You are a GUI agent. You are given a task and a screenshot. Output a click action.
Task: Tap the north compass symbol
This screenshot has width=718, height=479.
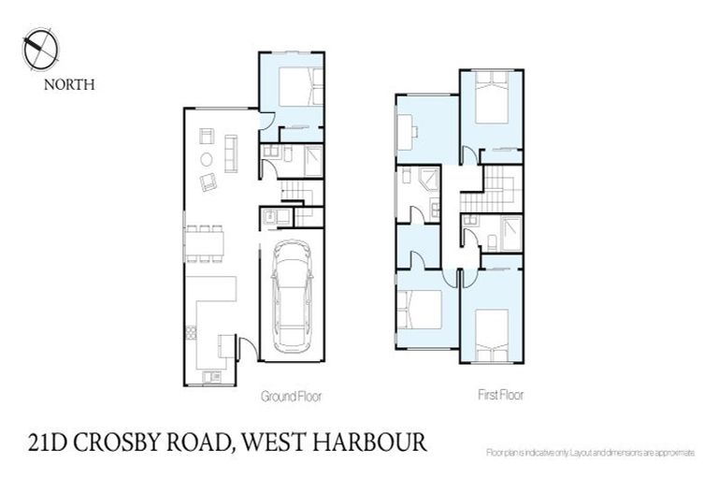40,49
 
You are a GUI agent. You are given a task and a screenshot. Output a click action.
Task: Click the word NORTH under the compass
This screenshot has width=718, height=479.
69,84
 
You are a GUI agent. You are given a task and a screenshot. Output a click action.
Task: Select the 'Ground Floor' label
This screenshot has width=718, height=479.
291,397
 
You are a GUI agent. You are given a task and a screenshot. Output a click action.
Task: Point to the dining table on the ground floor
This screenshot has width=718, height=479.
204,242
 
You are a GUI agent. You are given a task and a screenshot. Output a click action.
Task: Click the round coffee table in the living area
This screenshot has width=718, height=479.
207,159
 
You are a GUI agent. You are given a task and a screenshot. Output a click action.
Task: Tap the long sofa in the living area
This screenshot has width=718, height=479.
231,153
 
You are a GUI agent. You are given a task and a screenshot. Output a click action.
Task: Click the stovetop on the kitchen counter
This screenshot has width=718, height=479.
191,331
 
